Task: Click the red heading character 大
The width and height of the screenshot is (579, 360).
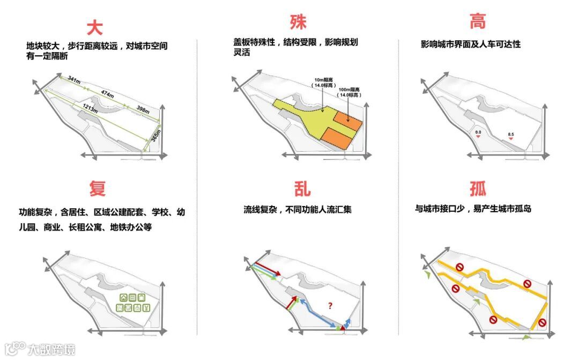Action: pos(94,27)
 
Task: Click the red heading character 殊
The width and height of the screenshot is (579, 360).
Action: pos(298,23)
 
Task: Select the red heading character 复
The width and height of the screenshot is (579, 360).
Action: pos(98,188)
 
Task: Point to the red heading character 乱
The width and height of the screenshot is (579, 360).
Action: pos(302,188)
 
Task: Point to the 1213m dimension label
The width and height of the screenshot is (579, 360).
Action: pos(89,108)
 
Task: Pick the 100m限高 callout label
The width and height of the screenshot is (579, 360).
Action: pos(348,92)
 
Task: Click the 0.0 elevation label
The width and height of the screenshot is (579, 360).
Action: pos(478,131)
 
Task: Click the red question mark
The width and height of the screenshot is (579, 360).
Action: pos(330,306)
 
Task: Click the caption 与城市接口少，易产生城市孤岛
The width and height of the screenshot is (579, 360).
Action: pos(472,209)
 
